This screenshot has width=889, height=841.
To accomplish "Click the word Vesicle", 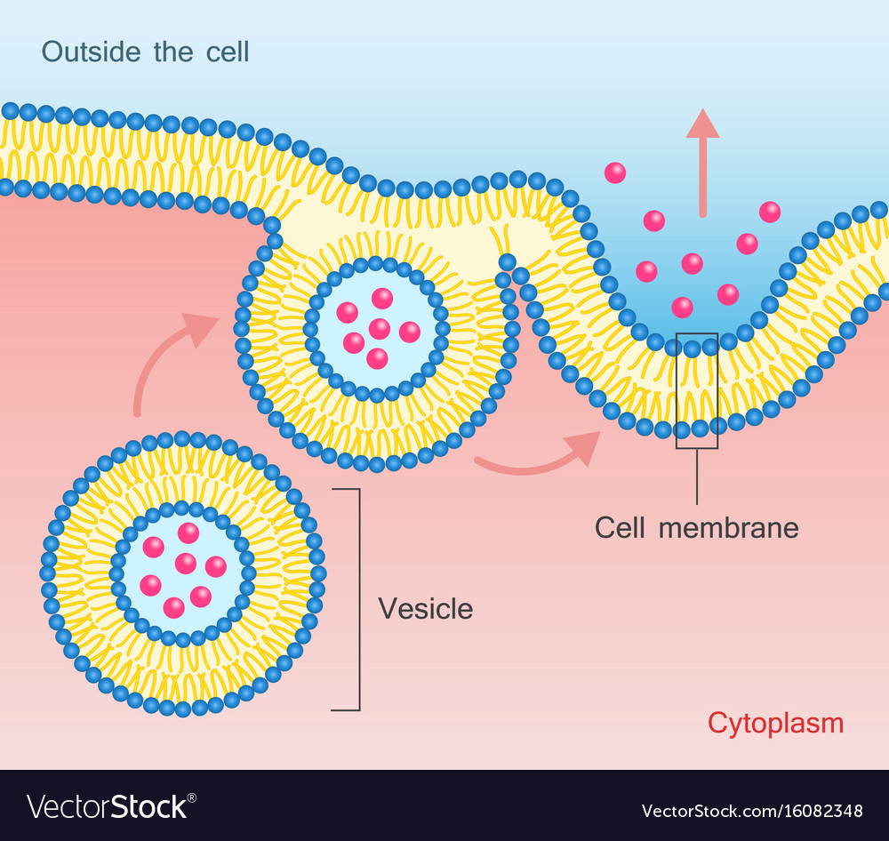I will click(425, 609).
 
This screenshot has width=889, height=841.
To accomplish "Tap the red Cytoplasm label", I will click(775, 723).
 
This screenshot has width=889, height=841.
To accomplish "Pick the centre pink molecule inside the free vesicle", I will click(185, 563).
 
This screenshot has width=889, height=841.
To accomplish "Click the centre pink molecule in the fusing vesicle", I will click(380, 329).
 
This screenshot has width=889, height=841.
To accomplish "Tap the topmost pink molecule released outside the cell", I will click(613, 172).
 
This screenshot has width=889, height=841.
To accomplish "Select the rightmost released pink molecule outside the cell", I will click(770, 212).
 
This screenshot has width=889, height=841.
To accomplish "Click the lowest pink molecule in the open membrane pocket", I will click(682, 307).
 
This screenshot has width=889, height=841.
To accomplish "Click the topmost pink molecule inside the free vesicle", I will click(188, 533).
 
